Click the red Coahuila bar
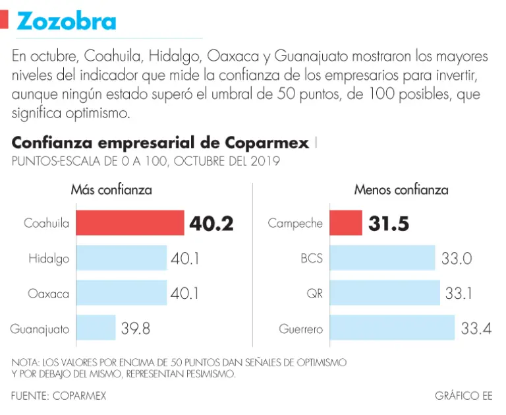[x=130, y=223]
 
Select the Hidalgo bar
[x=121, y=258]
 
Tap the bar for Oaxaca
[x=121, y=293]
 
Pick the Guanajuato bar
[x=96, y=327]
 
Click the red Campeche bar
[x=346, y=223]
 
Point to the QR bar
[x=384, y=293]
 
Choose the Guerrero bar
[x=392, y=327]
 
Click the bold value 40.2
[x=211, y=224]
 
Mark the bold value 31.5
[x=389, y=224]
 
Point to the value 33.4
[x=476, y=327]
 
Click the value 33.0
[x=457, y=258]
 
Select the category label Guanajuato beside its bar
[x=40, y=328]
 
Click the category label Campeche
[x=295, y=224]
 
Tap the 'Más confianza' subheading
[x=111, y=190]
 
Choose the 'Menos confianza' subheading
[x=401, y=190]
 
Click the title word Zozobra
[x=67, y=21]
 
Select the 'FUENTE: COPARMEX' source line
[x=59, y=396]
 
